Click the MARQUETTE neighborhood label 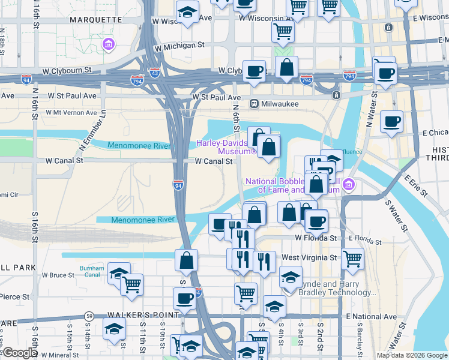96,19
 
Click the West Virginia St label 309,257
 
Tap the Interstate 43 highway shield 155,73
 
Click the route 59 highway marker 89,315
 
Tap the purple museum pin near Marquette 109,44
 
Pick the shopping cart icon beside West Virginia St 352,257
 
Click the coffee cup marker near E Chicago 392,122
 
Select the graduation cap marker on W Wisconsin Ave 187,12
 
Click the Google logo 19,353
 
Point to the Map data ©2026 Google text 411,355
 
